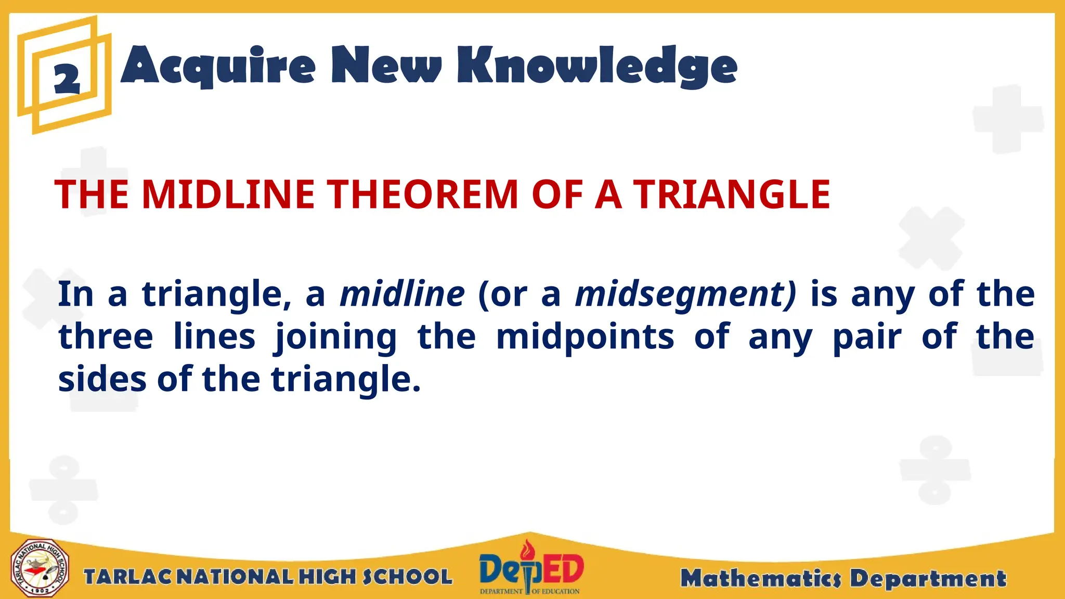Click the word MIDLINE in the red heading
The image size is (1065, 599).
pos(228,194)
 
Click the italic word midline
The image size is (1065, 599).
pos(402,294)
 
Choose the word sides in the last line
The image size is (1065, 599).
pos(102,379)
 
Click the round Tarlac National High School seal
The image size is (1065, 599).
pos(40,568)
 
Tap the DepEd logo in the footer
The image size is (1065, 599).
pos(530,568)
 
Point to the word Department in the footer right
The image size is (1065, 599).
pos(928,578)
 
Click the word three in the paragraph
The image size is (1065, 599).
pos(106,337)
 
